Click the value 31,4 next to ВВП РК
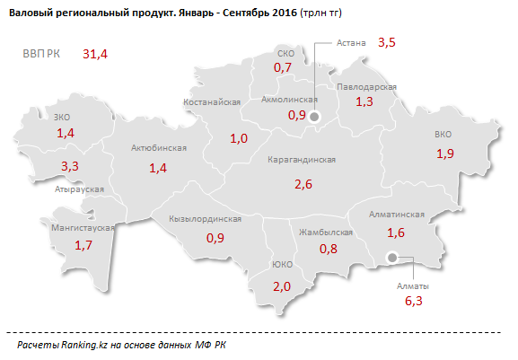[x=94, y=55]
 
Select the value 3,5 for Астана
[x=387, y=42]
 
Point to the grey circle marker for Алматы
[x=391, y=259]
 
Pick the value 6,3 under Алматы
[x=413, y=303]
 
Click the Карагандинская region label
[x=302, y=160]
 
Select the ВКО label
[x=443, y=135]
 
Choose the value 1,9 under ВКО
[x=445, y=154]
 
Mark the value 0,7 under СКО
[x=285, y=67]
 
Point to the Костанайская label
[x=212, y=103]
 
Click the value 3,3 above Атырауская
[x=69, y=166]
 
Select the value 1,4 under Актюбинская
[x=158, y=168]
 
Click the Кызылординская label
[x=206, y=219]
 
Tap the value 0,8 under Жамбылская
[x=329, y=249]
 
